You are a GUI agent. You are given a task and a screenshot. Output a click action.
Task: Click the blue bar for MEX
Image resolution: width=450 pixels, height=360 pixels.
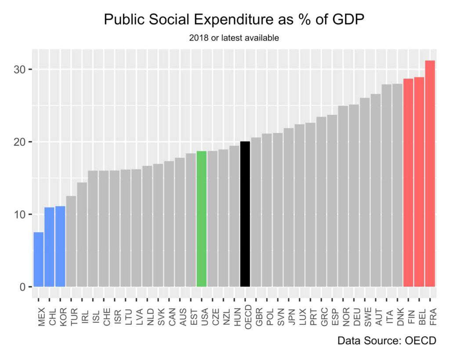[39, 259]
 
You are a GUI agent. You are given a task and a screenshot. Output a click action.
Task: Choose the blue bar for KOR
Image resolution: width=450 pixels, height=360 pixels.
[60, 246]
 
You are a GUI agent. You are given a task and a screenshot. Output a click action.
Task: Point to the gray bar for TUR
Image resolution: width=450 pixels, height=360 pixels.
[71, 241]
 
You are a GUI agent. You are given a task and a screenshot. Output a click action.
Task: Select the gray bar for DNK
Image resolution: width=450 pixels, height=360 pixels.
[398, 185]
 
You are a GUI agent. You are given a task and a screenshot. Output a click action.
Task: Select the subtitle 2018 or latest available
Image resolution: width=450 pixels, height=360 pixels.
[234, 38]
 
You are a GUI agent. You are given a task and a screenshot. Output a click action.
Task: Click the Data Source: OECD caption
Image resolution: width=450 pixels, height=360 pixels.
[387, 341]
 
